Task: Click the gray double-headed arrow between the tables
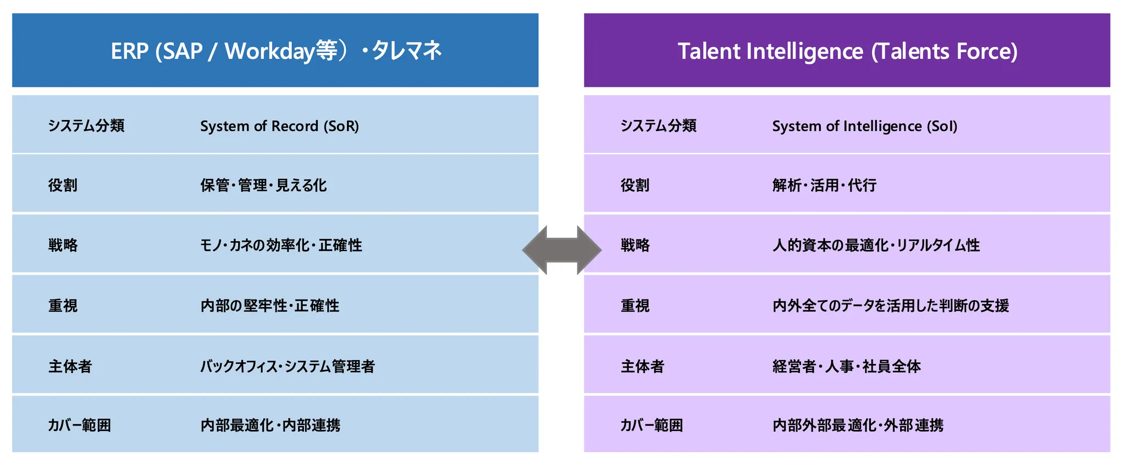[561, 250]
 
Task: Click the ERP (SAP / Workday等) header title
[276, 51]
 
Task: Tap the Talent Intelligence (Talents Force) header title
[847, 51]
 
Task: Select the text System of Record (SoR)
[279, 126]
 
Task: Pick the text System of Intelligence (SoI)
[864, 126]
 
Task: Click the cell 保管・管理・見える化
[263, 185]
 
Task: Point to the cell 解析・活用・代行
[824, 185]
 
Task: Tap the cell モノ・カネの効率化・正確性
[280, 245]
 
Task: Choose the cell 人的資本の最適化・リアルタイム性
[876, 245]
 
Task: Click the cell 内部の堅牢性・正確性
[269, 306]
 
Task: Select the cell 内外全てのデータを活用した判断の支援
[890, 306]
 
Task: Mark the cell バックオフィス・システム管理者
[287, 366]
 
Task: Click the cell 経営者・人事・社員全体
[846, 366]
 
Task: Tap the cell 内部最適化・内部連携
[270, 425]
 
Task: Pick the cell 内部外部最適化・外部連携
[858, 425]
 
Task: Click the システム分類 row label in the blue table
[86, 126]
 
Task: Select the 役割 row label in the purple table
[635, 185]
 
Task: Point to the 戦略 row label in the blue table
[63, 245]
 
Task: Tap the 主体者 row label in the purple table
[642, 366]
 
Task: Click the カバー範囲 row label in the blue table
[79, 425]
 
